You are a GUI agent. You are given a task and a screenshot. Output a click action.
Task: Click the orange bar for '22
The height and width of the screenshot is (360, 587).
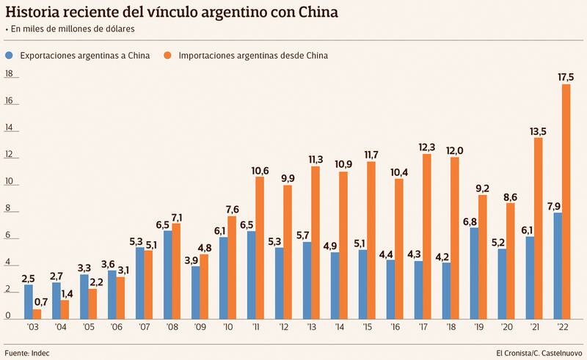[x=566, y=202]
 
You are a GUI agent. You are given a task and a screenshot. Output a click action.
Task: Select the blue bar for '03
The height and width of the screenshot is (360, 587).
[x=29, y=301]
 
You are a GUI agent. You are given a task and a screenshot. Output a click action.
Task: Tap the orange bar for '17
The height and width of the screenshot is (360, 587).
[x=427, y=236]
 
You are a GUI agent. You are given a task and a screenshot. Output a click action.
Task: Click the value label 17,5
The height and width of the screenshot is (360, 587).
[x=566, y=76]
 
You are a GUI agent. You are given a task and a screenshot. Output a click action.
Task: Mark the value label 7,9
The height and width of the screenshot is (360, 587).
[x=556, y=205]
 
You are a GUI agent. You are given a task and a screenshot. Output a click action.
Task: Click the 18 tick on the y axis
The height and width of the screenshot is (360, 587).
[x=9, y=73]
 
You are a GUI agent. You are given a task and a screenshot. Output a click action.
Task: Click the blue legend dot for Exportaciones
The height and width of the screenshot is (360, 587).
[x=9, y=55]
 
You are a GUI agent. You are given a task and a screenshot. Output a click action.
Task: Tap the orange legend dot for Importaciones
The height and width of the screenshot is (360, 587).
[x=168, y=55]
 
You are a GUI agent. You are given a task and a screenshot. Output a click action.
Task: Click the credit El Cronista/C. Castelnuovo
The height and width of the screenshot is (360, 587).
[x=539, y=353]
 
